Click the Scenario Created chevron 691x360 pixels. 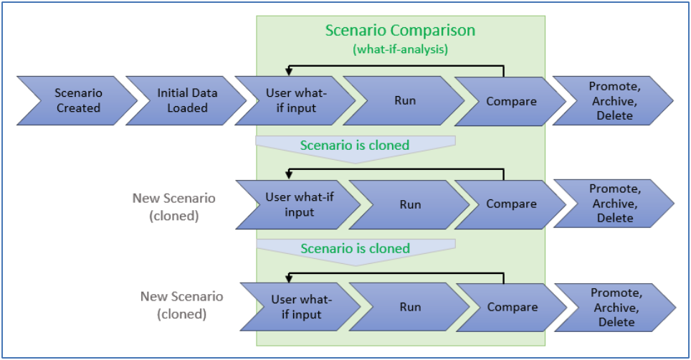point(77,100)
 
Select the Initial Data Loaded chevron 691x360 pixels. point(186,100)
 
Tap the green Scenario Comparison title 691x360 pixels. point(400,31)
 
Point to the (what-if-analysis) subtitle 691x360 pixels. point(400,49)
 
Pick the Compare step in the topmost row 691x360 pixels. point(511,101)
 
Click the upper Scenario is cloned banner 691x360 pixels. point(355,146)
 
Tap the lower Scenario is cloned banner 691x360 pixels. point(355,250)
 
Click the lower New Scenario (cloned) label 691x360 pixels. point(181,305)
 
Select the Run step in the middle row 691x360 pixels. point(410,204)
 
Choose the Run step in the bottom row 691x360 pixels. point(410,307)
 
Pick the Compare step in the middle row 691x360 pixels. point(511,204)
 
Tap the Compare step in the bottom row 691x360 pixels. point(513,307)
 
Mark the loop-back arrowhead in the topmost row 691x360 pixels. point(288,71)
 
